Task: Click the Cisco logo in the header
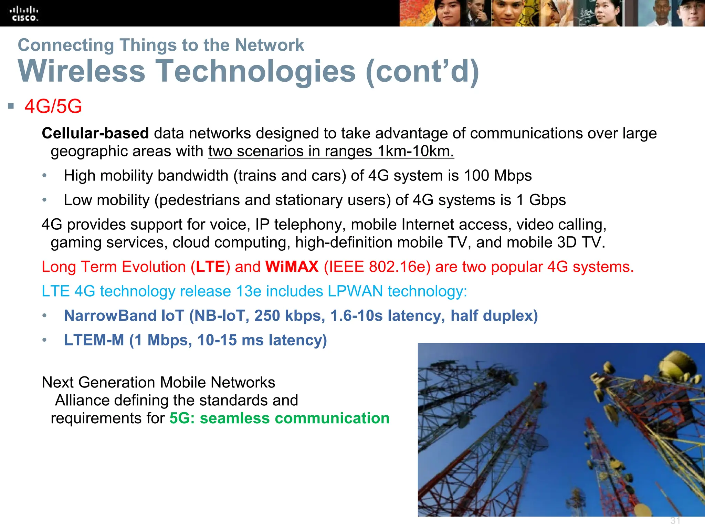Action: tap(25, 14)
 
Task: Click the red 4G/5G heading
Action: tap(53, 106)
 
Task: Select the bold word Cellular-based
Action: tap(95, 133)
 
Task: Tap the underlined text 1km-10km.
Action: tap(415, 152)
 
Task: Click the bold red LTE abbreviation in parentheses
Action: tap(210, 267)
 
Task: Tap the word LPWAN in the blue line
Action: tap(355, 291)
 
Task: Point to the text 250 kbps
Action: tap(290, 316)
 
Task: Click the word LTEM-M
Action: tap(94, 340)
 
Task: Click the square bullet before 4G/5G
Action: tap(11, 106)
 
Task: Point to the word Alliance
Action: tap(82, 401)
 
